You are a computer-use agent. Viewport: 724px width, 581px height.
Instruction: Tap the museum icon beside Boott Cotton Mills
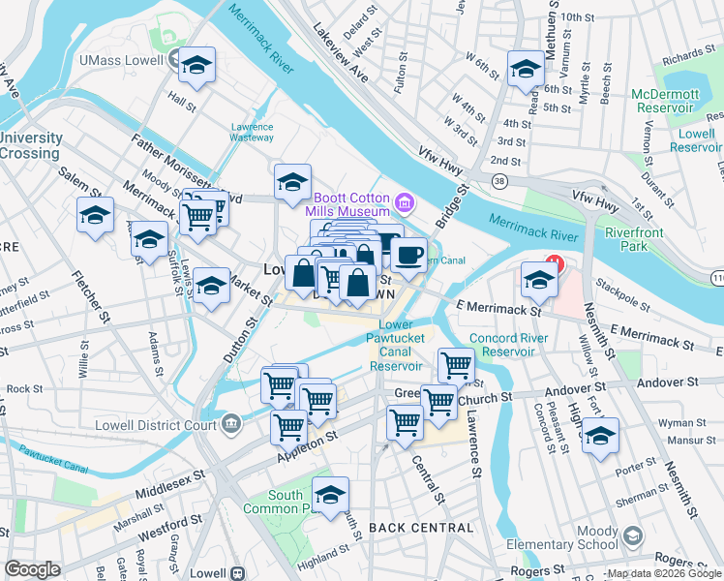(x=405, y=203)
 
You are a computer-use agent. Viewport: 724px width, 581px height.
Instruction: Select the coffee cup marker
(x=408, y=255)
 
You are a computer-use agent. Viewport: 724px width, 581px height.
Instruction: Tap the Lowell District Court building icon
(x=231, y=422)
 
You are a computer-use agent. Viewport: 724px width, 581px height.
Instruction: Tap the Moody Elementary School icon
(x=632, y=535)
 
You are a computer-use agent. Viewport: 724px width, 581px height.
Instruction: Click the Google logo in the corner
(x=32, y=569)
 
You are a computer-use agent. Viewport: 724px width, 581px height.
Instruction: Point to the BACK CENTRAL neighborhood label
(x=421, y=528)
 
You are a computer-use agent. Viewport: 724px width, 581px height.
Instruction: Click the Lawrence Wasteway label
(x=252, y=132)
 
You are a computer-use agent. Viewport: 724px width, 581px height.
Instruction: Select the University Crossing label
(x=31, y=145)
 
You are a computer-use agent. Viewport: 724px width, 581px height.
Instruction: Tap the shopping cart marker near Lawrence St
(x=456, y=365)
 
